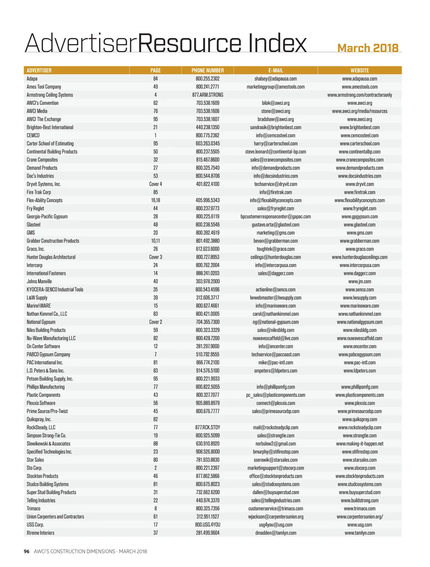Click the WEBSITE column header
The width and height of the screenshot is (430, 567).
click(359, 70)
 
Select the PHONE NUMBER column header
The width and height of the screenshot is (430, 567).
click(207, 70)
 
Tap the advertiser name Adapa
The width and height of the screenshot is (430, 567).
click(32, 78)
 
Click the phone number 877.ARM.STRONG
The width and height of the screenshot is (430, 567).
click(207, 95)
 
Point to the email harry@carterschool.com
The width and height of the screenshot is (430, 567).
click(276, 143)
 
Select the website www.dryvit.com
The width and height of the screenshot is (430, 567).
click(359, 184)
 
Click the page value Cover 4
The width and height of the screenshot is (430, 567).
click(156, 184)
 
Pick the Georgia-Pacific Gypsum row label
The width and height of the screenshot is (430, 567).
click(47, 216)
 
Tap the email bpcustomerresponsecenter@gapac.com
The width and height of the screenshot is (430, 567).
click(276, 216)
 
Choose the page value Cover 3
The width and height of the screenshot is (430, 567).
click(156, 257)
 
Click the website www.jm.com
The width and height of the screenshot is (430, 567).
click(359, 281)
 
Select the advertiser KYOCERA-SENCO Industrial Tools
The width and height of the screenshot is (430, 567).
click(55, 290)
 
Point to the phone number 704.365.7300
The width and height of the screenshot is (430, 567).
click(207, 322)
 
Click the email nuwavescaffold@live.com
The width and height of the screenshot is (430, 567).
click(276, 338)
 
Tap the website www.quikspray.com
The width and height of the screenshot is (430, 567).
click(359, 419)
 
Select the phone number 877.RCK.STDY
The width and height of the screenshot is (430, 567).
click(207, 427)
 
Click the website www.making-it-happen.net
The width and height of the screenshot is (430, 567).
click(359, 444)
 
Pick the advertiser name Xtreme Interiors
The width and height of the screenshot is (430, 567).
click(40, 533)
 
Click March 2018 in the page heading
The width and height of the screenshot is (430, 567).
click(368, 48)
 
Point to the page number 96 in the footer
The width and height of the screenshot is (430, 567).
click(27, 551)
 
